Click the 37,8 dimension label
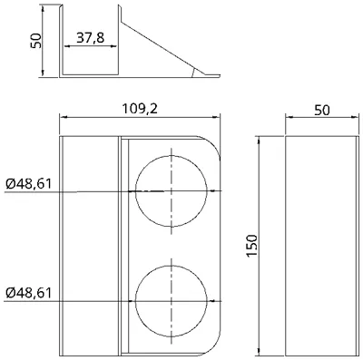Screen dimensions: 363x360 [90, 38]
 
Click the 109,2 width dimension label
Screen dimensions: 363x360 [140, 109]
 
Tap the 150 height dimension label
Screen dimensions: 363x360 [251, 246]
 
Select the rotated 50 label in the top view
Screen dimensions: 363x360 [35, 41]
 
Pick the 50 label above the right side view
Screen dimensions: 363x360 [322, 111]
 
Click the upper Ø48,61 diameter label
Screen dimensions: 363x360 [28, 184]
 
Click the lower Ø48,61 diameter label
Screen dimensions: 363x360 [28, 293]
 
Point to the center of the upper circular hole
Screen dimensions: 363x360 [172, 191]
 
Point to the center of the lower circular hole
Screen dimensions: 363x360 [172, 301]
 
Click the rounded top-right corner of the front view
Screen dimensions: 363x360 [213, 142]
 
